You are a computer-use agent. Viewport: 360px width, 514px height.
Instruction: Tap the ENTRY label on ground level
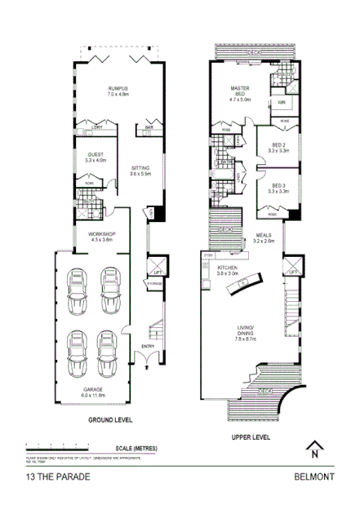[148, 347]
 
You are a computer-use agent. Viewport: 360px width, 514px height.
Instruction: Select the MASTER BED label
[239, 91]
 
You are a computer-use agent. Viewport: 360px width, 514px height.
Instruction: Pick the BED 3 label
[279, 185]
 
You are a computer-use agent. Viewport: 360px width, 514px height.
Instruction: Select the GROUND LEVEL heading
[109, 420]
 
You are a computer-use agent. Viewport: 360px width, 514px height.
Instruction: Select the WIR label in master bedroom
[280, 103]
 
